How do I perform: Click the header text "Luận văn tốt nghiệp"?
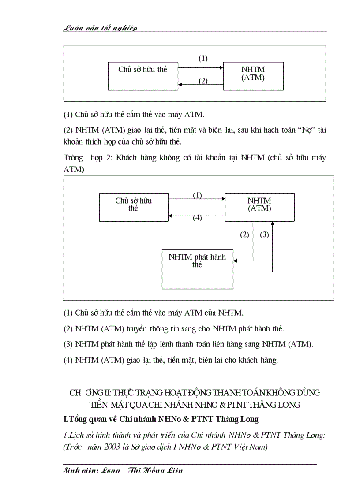[x=100, y=28]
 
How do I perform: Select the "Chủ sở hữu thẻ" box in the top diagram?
[x=142, y=76]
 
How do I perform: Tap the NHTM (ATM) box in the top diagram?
[x=253, y=76]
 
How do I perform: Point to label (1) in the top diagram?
[x=202, y=58]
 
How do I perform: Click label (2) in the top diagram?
[x=202, y=81]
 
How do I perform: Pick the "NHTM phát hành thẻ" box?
[x=197, y=269]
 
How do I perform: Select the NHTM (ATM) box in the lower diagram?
[x=259, y=206]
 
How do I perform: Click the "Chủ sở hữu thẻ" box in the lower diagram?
[x=134, y=206]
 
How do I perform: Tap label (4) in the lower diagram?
[x=197, y=217]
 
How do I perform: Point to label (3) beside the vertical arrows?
[x=264, y=234]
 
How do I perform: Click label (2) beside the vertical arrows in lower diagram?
[x=244, y=234]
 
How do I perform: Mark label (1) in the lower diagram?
[x=197, y=195]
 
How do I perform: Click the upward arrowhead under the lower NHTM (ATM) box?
[x=273, y=223]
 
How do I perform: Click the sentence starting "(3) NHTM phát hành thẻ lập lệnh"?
[x=188, y=344]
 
